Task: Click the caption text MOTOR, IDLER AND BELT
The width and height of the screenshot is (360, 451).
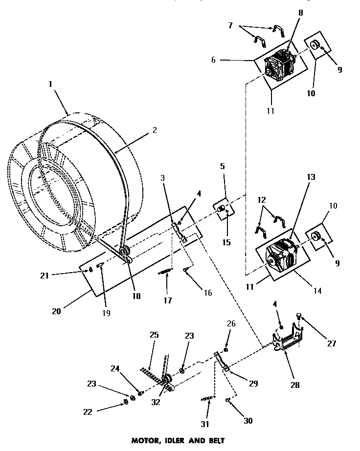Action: pos(178,440)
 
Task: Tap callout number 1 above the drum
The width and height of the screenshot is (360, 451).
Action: pos(50,85)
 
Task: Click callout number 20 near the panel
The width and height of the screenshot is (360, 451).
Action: pos(56,311)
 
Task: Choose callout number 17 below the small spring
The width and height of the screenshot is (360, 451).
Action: pos(168,301)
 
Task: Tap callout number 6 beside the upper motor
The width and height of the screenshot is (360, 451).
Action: pos(213,60)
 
